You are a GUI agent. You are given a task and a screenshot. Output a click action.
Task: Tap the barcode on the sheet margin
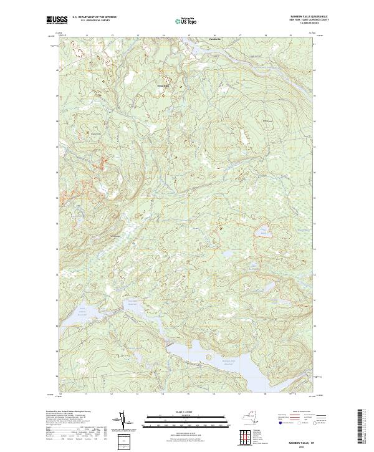pyautogui.click(x=360, y=427)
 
